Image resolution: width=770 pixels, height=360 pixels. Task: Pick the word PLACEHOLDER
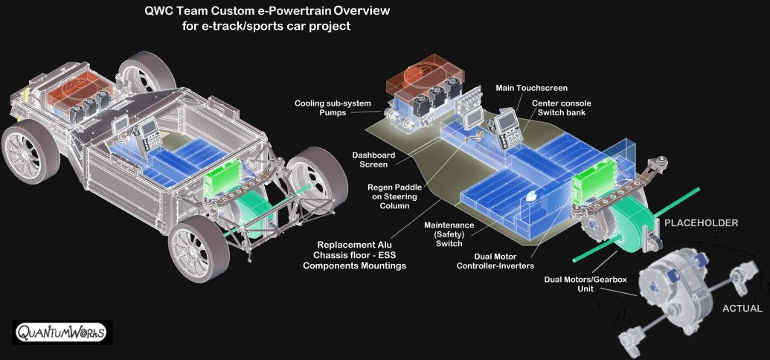(x=701, y=223)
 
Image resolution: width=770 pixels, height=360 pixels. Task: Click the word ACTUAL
(x=742, y=308)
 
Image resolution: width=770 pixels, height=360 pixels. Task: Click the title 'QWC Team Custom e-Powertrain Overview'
(x=267, y=12)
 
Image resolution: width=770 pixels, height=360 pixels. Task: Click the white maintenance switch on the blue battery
(x=531, y=197)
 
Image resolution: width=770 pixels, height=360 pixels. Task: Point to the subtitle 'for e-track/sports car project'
(x=267, y=26)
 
